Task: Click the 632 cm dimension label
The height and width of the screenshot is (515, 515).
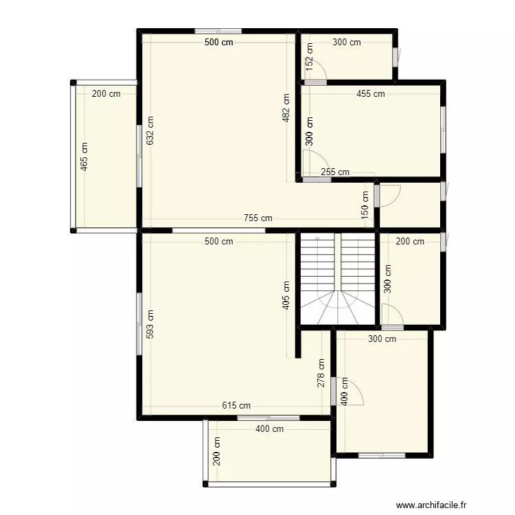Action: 150,128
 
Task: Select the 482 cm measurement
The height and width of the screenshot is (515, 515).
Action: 286,108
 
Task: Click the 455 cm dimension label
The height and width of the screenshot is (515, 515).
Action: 370,94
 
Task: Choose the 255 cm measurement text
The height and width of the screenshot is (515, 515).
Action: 335,172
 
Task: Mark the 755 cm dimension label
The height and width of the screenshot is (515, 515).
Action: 257,218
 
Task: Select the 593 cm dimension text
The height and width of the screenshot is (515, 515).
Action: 150,325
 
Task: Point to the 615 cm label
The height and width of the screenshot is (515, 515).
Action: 236,406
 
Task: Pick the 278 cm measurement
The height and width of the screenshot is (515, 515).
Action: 321,374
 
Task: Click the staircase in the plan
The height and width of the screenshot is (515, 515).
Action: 337,279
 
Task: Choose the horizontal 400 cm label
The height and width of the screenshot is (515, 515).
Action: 269,429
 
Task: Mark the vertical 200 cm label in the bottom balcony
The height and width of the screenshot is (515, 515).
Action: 218,452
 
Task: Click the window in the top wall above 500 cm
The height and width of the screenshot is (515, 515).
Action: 218,31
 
